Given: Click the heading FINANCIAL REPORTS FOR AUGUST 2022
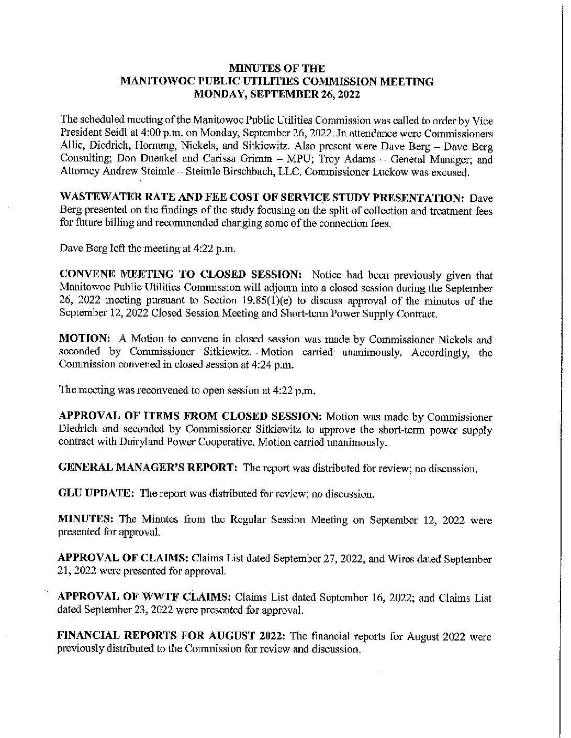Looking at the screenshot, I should pos(171,637).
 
